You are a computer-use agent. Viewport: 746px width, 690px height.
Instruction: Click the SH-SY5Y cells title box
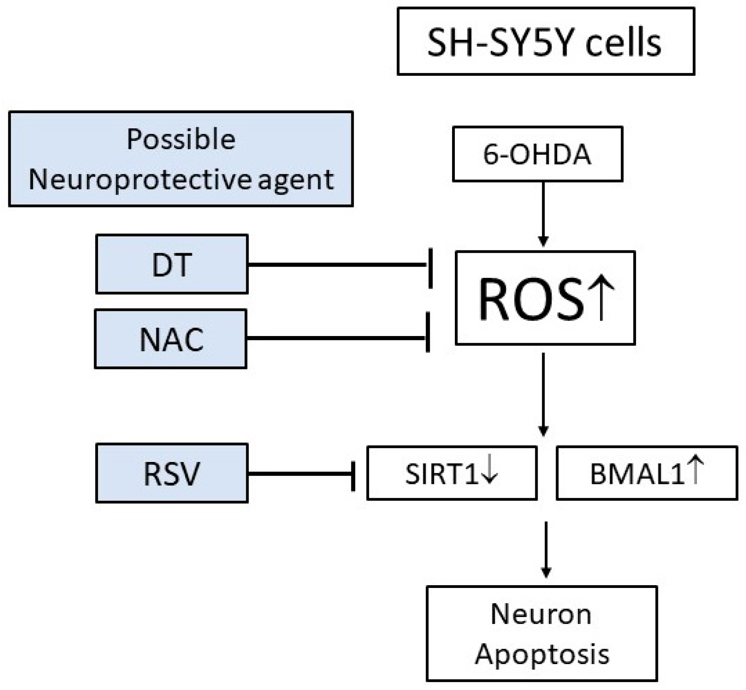(x=546, y=41)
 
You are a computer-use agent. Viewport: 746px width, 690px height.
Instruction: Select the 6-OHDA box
(x=537, y=154)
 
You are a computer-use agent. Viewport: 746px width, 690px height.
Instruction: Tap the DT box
(x=172, y=264)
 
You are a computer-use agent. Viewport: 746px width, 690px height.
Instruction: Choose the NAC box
(x=171, y=339)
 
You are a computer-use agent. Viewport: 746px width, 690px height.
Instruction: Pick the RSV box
(x=172, y=473)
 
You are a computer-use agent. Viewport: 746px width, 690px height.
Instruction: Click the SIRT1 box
(x=452, y=473)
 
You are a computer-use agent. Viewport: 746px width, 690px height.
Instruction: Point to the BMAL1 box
(x=647, y=473)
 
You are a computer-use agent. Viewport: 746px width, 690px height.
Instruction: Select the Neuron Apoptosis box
(x=542, y=634)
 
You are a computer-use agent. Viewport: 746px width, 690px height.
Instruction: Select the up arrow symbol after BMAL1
(x=695, y=470)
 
